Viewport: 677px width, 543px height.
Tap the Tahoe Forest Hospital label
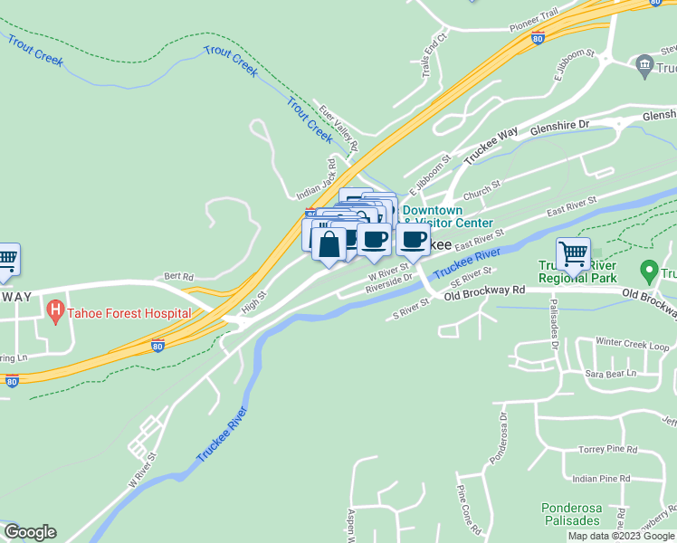129,313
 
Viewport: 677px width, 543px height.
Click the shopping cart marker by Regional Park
574,254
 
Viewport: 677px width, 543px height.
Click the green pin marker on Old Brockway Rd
648,270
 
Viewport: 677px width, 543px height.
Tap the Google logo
30,532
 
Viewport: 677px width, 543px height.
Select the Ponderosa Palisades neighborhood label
571,514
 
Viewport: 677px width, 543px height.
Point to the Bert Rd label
178,276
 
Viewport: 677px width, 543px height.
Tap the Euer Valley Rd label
339,127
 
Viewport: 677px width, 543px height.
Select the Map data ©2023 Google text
620,536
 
